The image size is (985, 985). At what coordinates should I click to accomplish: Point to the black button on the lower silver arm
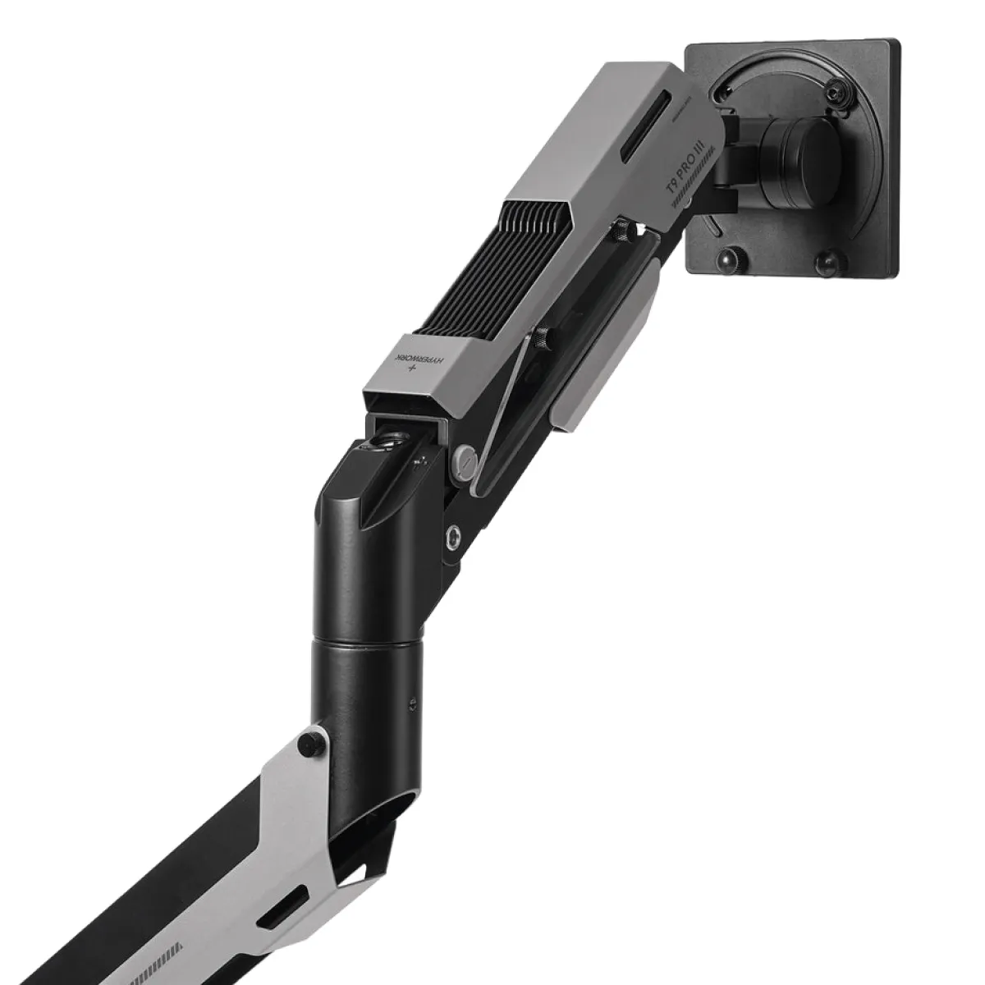pyautogui.click(x=310, y=743)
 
